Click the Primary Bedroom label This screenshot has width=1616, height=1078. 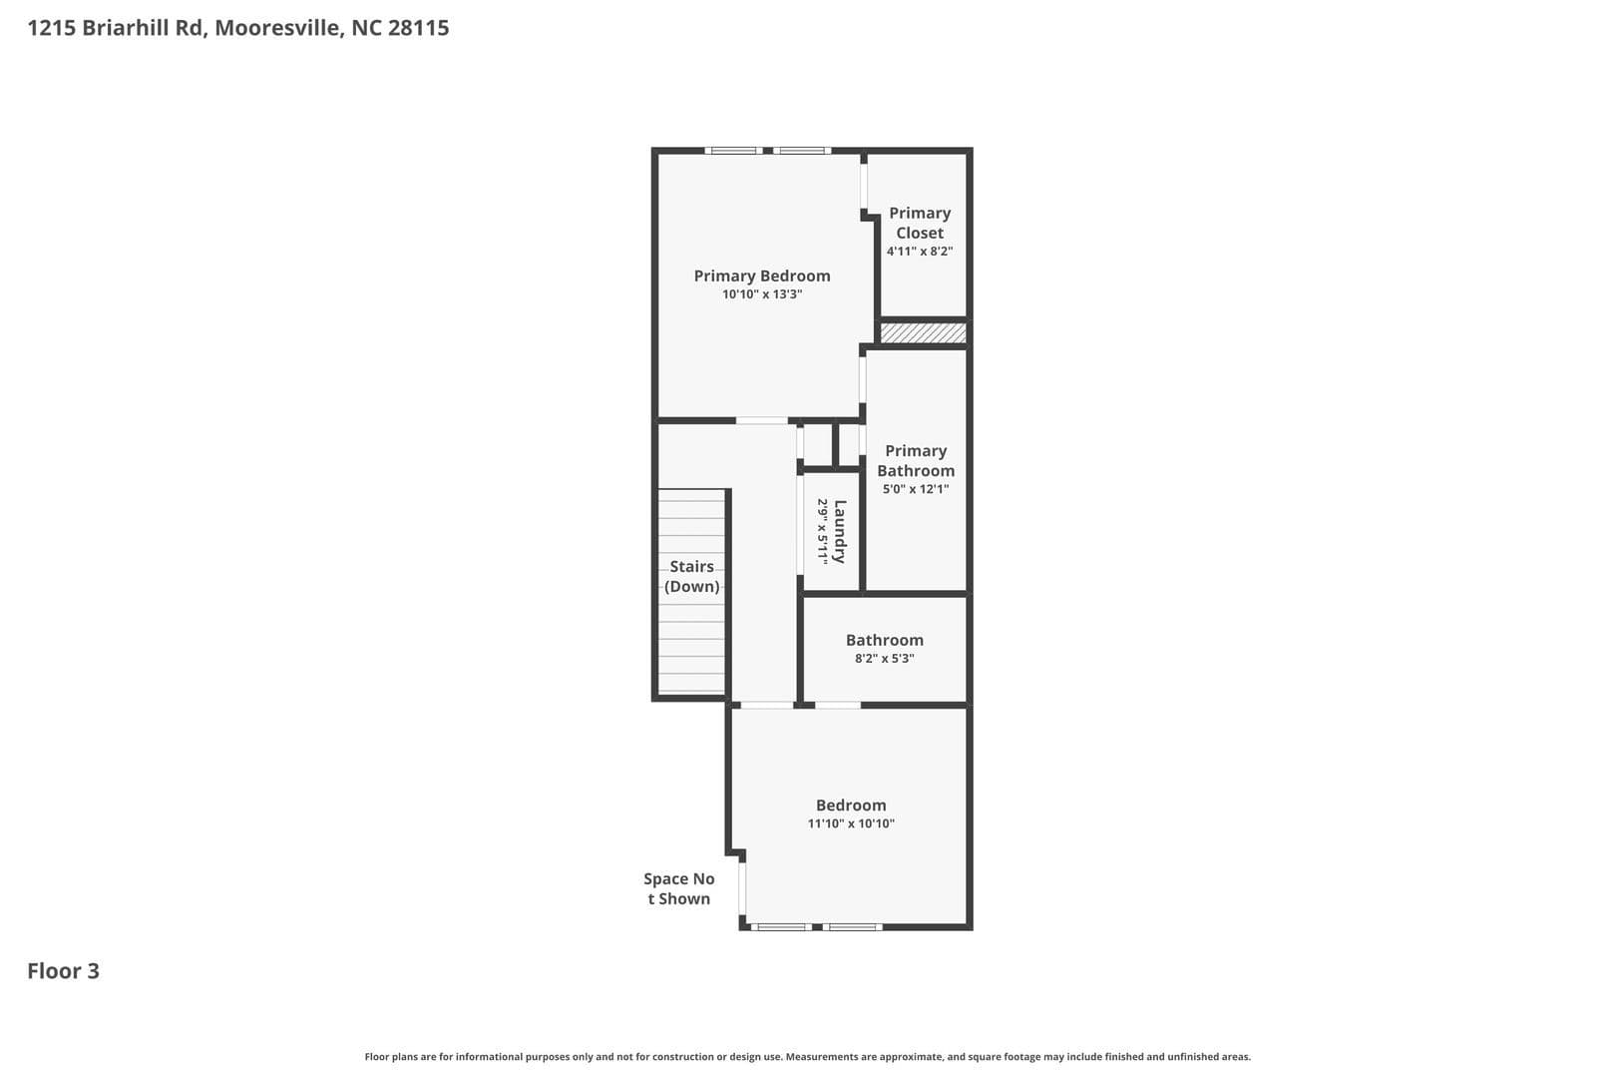point(761,276)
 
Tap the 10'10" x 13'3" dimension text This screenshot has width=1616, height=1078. point(761,294)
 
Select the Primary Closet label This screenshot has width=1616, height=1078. point(919,223)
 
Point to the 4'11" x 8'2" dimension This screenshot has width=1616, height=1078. point(919,252)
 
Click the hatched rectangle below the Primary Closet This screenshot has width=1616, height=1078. point(923,333)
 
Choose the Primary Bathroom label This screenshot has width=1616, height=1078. point(915,461)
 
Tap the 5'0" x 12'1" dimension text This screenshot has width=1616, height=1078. point(915,489)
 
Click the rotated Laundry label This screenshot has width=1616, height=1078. point(840,531)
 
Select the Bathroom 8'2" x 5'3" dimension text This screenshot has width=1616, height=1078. point(884,659)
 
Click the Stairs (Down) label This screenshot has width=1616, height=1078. point(691,577)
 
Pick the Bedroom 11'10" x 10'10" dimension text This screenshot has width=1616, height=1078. point(851,823)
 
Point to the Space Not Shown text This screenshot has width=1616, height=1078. point(678,888)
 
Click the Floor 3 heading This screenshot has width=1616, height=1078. point(63,971)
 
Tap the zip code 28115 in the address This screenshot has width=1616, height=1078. point(418,28)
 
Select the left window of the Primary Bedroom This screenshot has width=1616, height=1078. point(733,151)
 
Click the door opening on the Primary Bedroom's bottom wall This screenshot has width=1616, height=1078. point(762,420)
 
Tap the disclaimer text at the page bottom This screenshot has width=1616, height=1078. point(807,1056)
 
